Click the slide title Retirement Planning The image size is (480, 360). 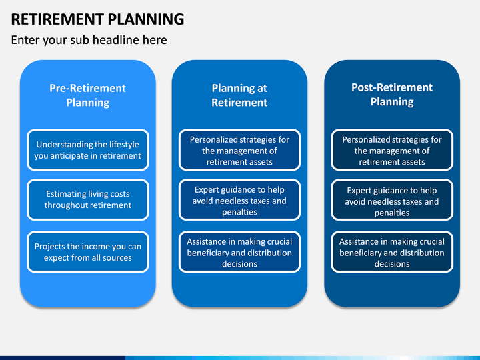[x=97, y=19]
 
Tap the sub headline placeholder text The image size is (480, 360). [x=89, y=40]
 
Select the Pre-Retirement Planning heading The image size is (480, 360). [x=88, y=95]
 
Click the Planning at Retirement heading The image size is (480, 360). [x=239, y=95]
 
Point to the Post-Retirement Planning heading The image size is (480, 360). [x=392, y=94]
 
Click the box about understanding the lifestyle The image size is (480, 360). [x=88, y=150]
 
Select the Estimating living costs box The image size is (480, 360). [x=88, y=199]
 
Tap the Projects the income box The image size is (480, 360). [x=88, y=252]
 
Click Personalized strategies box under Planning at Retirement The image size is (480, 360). [x=239, y=150]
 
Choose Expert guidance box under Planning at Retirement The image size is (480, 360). [x=239, y=199]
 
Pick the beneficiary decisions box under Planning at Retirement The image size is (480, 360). [x=239, y=252]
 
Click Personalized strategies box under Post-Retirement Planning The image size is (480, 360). [x=392, y=150]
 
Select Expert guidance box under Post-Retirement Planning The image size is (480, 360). [x=392, y=199]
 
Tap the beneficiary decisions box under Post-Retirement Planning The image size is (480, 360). [x=392, y=252]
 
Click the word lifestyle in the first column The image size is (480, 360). [x=124, y=145]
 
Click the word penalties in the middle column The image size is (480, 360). [x=239, y=212]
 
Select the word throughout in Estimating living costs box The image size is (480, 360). [x=63, y=205]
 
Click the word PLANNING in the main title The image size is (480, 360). [x=146, y=19]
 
